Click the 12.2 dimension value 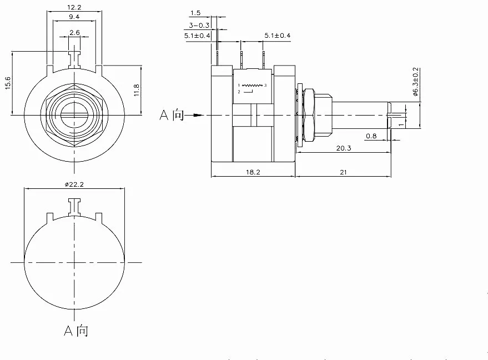click(74, 7)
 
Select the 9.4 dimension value click(74, 17)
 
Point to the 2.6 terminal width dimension click(74, 33)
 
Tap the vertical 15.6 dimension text click(8, 83)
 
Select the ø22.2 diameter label click(74, 184)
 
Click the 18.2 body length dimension click(253, 172)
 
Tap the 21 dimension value click(343, 172)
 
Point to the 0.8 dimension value click(371, 135)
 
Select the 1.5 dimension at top click(195, 12)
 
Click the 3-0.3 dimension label click(199, 25)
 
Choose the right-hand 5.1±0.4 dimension click(278, 36)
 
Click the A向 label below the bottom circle click(76, 331)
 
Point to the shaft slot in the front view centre click(74, 115)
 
